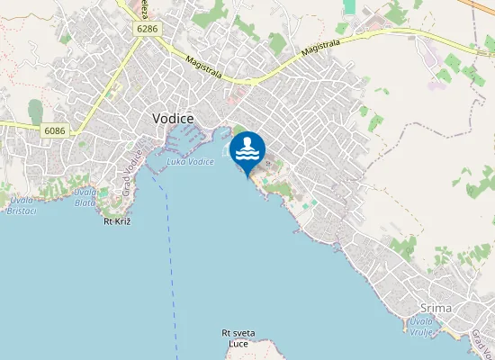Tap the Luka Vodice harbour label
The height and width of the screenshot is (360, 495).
point(190,161)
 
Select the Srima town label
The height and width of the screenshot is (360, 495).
point(462,308)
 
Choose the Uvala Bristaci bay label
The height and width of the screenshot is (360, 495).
point(20,204)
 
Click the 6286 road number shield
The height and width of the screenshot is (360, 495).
point(148,30)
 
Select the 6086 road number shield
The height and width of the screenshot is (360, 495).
point(54,130)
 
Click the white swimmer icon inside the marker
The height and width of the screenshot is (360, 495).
point(247,148)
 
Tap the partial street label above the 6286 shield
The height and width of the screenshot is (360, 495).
point(145,8)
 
